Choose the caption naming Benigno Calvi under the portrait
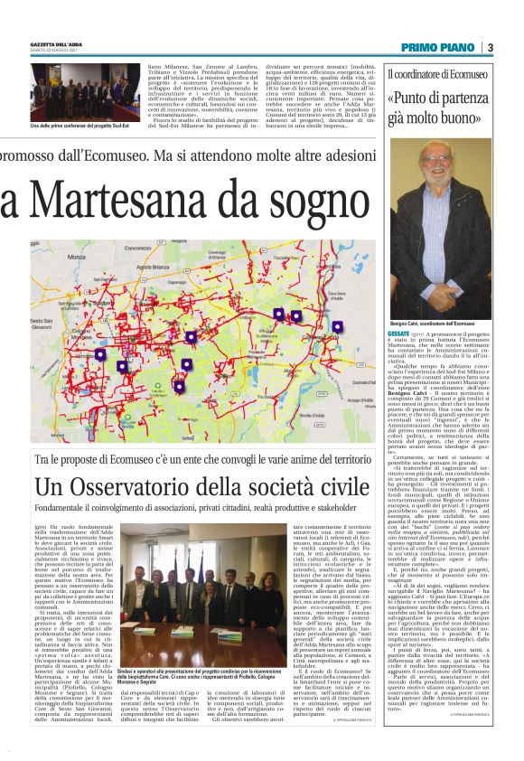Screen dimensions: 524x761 coord(428,323)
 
